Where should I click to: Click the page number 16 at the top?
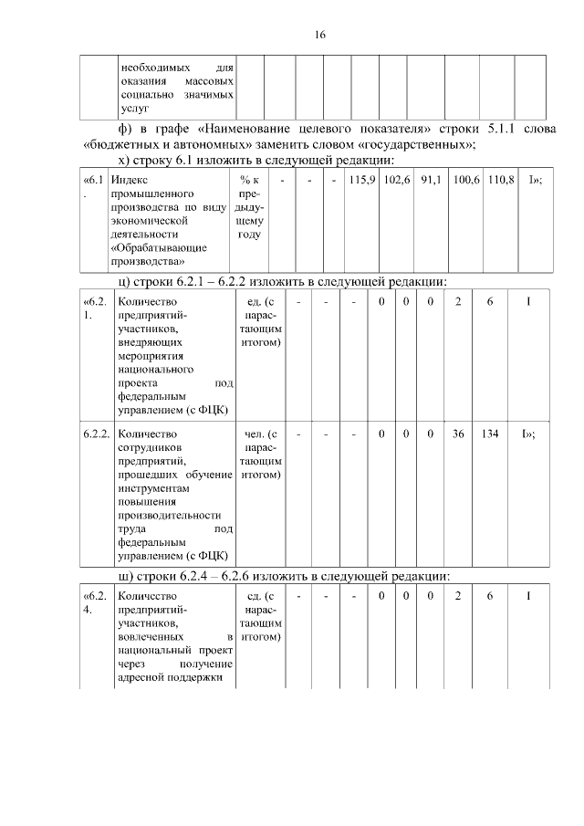(x=319, y=35)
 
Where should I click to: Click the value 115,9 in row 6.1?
(x=362, y=181)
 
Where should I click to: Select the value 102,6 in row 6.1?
(x=397, y=181)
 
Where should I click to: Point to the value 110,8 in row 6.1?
(x=498, y=181)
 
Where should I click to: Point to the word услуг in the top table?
(x=133, y=108)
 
